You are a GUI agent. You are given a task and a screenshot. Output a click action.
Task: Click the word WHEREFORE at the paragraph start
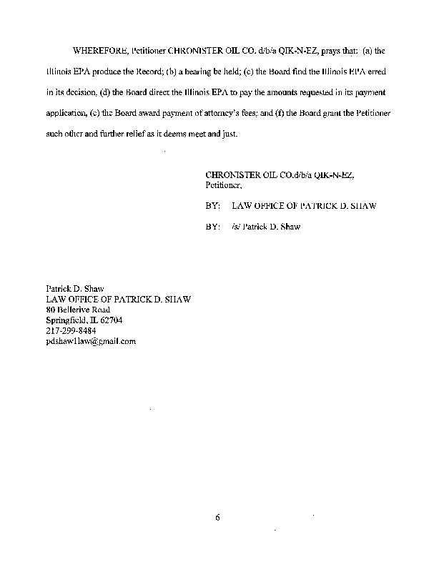(x=98, y=51)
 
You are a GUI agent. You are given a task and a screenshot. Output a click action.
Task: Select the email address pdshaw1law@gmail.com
(x=91, y=341)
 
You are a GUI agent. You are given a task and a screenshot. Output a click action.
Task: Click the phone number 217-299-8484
(x=71, y=330)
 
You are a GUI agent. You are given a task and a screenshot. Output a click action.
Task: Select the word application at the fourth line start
(x=66, y=113)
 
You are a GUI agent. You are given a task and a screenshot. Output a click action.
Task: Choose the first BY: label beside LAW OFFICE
(x=212, y=206)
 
